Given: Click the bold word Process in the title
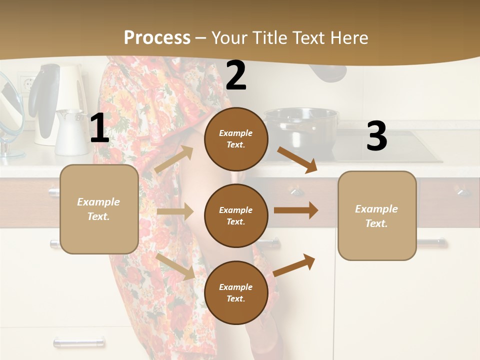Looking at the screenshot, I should [x=157, y=37].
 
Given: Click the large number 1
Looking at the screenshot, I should [x=99, y=128].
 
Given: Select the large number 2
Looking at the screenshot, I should [x=236, y=75].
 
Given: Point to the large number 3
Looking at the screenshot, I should [x=376, y=137].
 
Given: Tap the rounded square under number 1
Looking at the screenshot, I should [x=99, y=209].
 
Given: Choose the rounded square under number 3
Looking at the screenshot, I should [x=377, y=215].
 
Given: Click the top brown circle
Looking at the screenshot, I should [x=236, y=139].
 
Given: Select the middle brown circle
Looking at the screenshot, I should [x=236, y=215].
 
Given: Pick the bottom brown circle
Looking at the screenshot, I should [x=236, y=292].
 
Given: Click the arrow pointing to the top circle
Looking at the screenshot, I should [x=174, y=159].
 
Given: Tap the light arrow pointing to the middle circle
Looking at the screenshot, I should [x=175, y=212].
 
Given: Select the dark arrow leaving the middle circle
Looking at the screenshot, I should [x=295, y=210].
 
